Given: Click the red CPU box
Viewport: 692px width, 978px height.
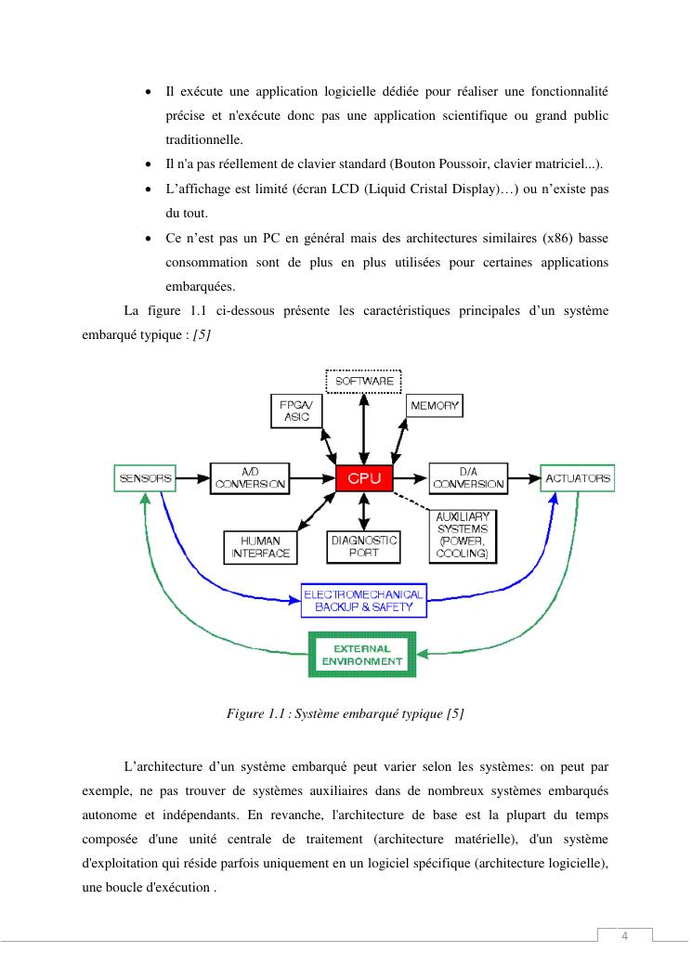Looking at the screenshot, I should click(364, 477).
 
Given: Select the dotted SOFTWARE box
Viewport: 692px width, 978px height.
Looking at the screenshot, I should click(363, 381).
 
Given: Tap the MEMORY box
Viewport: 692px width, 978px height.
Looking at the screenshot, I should click(434, 406).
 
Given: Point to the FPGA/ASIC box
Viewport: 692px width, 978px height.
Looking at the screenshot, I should click(296, 411).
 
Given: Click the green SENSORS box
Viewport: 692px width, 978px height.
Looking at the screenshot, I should click(144, 478).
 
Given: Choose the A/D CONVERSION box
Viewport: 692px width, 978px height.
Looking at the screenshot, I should click(250, 477).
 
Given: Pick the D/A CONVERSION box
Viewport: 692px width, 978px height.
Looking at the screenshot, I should click(468, 477).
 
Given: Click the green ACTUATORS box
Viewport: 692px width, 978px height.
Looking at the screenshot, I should click(577, 477).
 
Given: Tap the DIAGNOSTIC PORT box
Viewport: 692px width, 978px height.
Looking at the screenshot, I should click(363, 545).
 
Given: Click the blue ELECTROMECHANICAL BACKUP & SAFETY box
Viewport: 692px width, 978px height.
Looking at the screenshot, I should click(363, 601).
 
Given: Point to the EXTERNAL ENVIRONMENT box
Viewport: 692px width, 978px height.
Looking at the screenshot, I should click(361, 654).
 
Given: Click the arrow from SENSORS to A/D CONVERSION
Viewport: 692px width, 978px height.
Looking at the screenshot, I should click(194, 478).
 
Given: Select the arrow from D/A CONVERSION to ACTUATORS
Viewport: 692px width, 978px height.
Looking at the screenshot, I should click(524, 478).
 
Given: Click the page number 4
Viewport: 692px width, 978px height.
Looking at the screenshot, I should click(624, 935).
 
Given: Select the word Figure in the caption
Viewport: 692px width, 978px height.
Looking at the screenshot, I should click(245, 713).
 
